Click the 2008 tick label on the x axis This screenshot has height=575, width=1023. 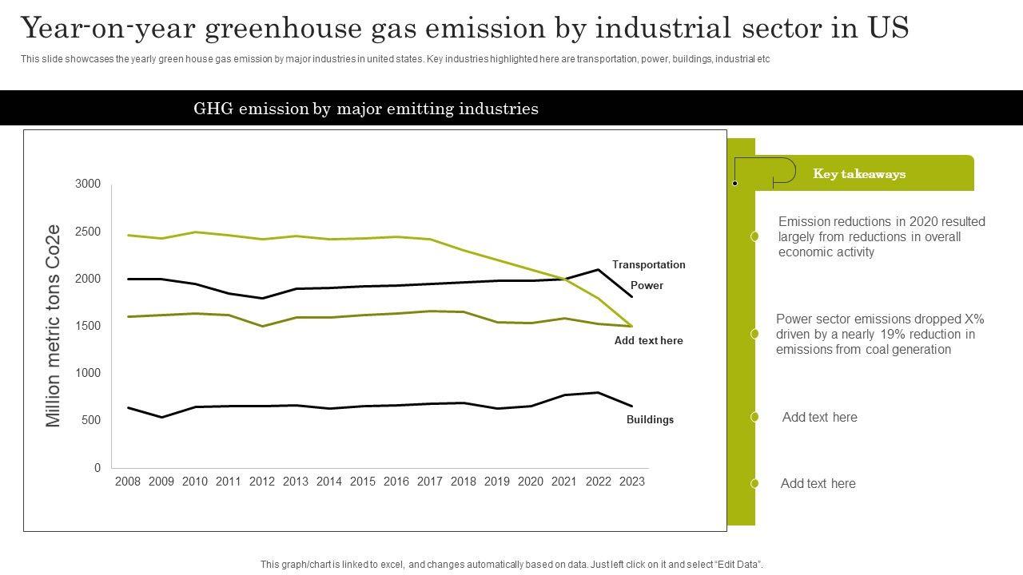tap(128, 482)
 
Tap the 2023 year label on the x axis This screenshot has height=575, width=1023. tap(631, 482)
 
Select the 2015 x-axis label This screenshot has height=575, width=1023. tap(363, 482)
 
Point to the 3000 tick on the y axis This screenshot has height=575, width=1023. tap(88, 184)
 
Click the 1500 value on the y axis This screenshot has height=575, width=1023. tap(88, 326)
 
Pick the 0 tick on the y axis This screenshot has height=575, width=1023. tap(98, 468)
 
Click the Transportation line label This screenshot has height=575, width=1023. tap(648, 265)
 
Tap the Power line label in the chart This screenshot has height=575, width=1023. tap(647, 286)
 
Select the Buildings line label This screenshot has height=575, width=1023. tap(650, 420)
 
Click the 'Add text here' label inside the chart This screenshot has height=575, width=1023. tap(648, 341)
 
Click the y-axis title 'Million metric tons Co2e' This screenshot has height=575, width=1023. tap(54, 326)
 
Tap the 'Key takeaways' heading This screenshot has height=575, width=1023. tap(859, 174)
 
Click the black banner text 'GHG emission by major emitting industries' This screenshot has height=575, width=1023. tap(366, 109)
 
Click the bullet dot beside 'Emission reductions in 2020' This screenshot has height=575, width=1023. tap(754, 236)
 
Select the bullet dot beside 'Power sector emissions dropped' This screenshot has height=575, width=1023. tap(754, 334)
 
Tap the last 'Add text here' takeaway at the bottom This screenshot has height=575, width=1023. tap(818, 484)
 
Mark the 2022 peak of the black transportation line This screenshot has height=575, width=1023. tap(598, 270)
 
